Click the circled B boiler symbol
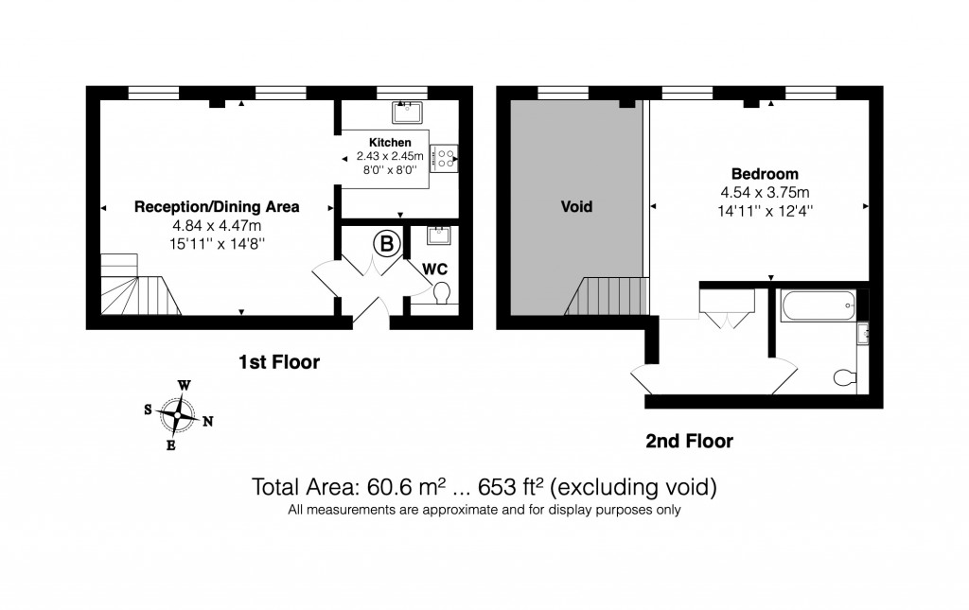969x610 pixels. (386, 244)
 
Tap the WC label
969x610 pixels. (434, 269)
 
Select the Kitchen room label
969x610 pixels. (390, 143)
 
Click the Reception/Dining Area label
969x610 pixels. (217, 206)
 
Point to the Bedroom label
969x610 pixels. (765, 174)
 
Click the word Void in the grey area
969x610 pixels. (576, 206)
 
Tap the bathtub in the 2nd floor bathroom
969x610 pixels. (819, 305)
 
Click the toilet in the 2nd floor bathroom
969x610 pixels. (845, 377)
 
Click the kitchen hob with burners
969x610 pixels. (445, 159)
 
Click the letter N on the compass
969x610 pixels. (207, 423)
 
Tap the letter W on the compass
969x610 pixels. (185, 385)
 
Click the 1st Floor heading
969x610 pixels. (278, 361)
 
